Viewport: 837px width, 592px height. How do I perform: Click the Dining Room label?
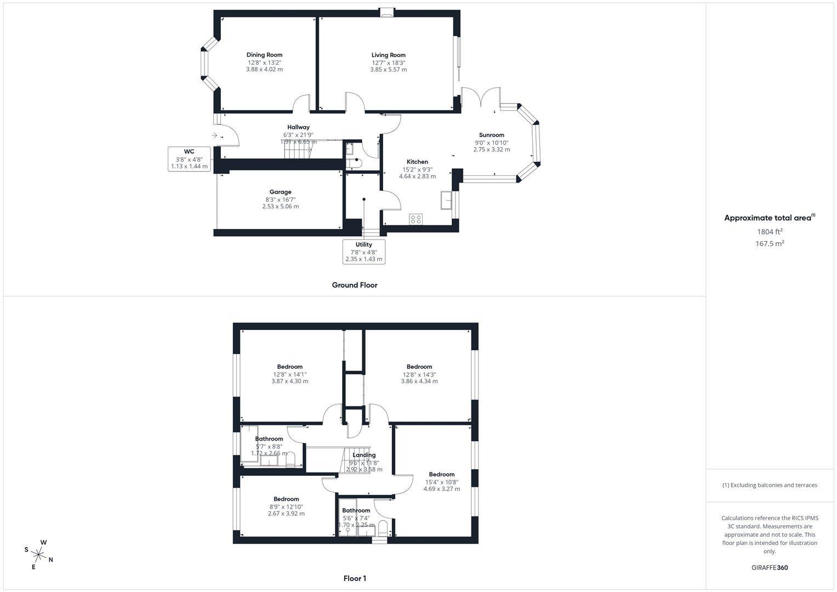(x=264, y=55)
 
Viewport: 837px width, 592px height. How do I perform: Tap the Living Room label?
(x=388, y=55)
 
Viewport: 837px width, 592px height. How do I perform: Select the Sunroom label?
(x=491, y=135)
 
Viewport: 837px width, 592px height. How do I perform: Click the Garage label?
(x=280, y=192)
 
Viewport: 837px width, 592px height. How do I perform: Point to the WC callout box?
(x=189, y=159)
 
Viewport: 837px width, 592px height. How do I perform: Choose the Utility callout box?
(x=363, y=252)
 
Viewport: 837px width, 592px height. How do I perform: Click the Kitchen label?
(x=417, y=162)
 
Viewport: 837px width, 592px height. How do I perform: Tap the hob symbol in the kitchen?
(x=415, y=219)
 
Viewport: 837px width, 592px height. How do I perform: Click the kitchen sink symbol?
(x=446, y=201)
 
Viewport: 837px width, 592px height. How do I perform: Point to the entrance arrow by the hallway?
(x=214, y=135)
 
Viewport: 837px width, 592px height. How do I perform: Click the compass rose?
(x=39, y=554)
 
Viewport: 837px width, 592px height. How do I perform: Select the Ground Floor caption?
(x=354, y=285)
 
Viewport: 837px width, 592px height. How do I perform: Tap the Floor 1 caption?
(x=354, y=578)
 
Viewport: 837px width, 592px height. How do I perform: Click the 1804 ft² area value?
(x=770, y=232)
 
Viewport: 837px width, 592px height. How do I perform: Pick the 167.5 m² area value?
(x=770, y=244)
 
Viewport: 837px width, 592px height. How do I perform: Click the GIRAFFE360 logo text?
(x=770, y=568)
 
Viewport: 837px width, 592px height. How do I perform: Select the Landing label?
(x=364, y=455)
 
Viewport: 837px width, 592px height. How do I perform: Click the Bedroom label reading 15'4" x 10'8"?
(x=441, y=475)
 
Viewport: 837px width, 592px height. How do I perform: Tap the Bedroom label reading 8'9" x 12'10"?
(x=286, y=499)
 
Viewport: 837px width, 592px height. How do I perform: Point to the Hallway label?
(x=298, y=127)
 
